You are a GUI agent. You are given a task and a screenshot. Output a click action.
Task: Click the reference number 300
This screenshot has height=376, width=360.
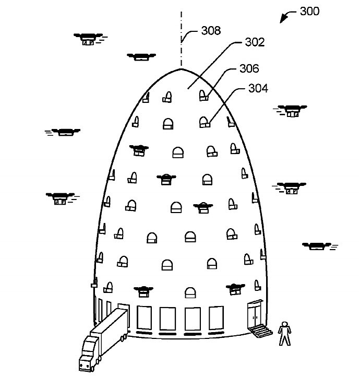point(309,11)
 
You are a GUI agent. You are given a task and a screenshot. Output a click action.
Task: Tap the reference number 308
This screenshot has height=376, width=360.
point(211,30)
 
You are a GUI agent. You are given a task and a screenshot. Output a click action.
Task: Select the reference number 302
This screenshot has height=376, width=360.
point(255,42)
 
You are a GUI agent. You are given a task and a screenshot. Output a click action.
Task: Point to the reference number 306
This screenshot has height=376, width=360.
point(249,68)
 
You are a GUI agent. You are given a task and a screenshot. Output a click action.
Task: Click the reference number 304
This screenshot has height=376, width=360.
point(258,88)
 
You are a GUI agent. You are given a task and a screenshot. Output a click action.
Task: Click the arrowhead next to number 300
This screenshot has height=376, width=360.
point(283,19)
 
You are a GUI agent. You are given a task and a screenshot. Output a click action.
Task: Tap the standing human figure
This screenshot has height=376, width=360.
point(284,333)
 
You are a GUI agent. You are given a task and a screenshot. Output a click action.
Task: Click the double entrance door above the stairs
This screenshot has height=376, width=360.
point(255,315)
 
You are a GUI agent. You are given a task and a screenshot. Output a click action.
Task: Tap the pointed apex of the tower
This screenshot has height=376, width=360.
point(181,69)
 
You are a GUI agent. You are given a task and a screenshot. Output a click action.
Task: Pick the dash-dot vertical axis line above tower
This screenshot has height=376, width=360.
point(182,38)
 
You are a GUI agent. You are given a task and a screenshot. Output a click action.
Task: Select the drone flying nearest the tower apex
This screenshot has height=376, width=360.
point(141,57)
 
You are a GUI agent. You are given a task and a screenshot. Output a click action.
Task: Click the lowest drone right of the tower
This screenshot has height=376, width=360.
point(318,246)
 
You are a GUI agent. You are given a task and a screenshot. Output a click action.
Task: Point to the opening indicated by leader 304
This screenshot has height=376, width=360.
point(205,122)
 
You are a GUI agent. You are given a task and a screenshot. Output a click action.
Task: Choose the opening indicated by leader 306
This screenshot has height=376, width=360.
point(203,96)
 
